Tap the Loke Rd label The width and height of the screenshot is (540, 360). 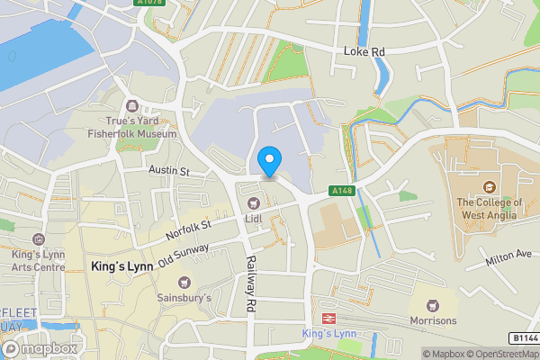(x=364, y=52)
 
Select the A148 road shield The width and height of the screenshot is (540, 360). (x=341, y=191)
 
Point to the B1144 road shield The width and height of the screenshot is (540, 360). (x=523, y=337)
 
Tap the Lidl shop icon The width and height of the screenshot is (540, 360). (x=254, y=202)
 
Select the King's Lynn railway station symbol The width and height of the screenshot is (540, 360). (x=330, y=319)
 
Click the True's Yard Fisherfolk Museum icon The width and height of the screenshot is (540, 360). (x=134, y=107)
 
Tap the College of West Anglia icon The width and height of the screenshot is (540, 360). (x=489, y=187)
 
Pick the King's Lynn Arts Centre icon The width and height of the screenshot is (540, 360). (x=37, y=239)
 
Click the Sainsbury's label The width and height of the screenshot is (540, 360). (x=184, y=297)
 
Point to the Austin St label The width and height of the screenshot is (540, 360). (x=168, y=170)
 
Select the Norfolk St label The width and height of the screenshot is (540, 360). (x=187, y=229)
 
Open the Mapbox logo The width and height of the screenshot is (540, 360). (x=39, y=348)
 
